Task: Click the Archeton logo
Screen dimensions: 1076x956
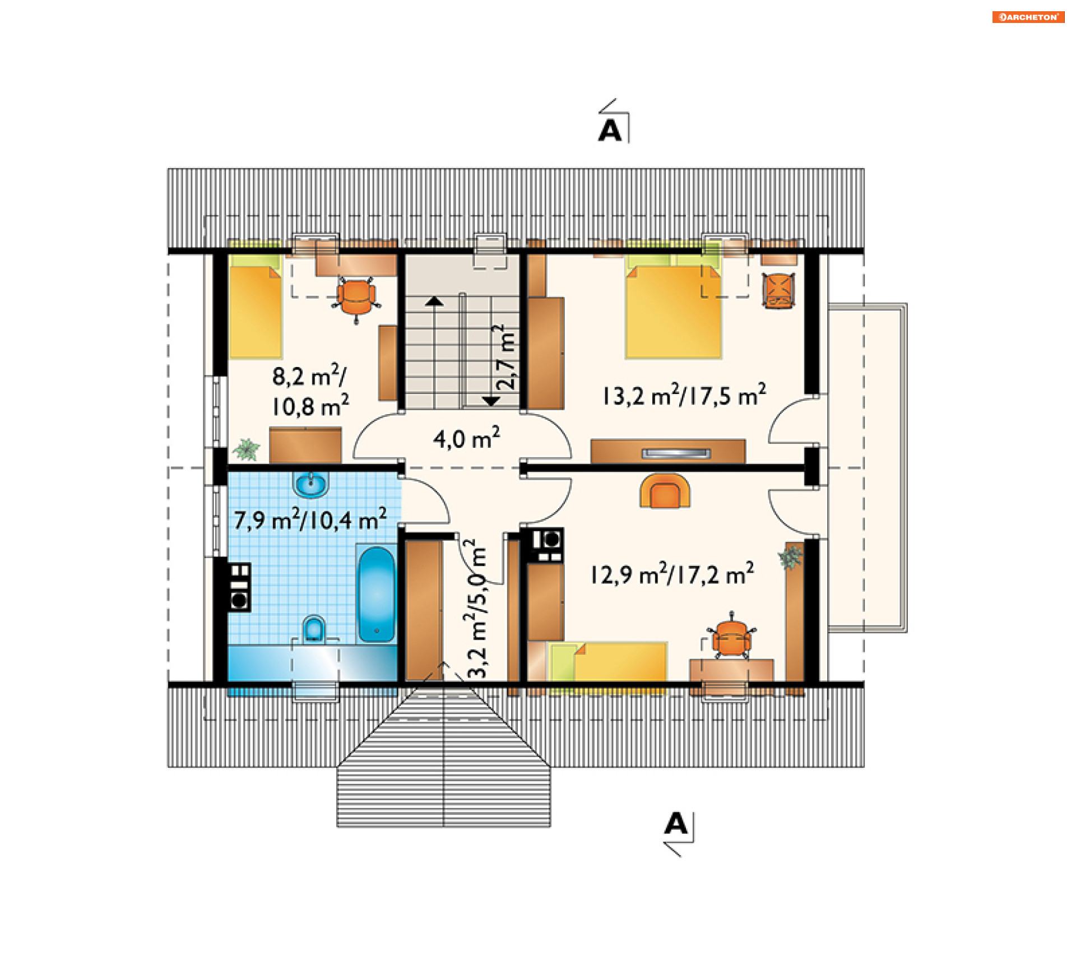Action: pos(1028,17)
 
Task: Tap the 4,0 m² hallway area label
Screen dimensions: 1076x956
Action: pos(466,438)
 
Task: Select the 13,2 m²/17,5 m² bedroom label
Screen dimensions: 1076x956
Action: pos(684,395)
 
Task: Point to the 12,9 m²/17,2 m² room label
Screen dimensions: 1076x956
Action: pos(672,574)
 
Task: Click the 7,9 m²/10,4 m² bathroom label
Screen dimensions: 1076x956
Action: pos(310,519)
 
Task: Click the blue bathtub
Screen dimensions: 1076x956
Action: pos(377,594)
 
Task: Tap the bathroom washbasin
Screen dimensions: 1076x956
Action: pos(310,485)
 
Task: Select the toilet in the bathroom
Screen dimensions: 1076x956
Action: pos(314,629)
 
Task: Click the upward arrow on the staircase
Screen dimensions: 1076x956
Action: pos(434,301)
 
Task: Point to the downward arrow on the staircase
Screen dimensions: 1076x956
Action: pos(491,401)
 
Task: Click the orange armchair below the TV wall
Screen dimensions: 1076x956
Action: pos(665,491)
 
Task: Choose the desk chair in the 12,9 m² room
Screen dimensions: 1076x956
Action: pos(731,637)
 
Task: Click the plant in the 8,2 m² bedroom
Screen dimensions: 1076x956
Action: pos(247,449)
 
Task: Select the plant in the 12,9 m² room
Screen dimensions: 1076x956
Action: pos(790,558)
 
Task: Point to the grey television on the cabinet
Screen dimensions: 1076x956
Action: pos(676,453)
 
